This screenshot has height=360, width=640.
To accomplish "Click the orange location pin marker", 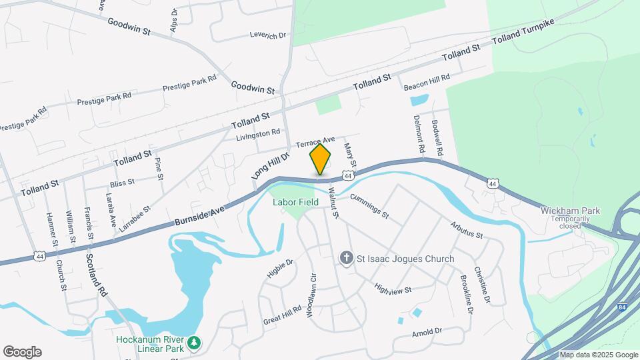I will (x=320, y=159).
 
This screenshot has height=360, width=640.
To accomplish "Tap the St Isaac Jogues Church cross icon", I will (x=346, y=258).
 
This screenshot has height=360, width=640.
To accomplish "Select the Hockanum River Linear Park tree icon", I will (x=194, y=343).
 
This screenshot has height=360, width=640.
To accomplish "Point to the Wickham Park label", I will (x=570, y=211).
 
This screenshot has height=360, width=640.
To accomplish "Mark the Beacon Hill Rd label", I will (x=427, y=82).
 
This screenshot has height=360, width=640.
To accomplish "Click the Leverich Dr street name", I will (x=267, y=35).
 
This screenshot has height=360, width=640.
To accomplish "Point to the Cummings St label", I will (x=369, y=205).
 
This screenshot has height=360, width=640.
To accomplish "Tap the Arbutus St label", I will (x=465, y=230).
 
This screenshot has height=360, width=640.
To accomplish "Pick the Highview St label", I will (x=393, y=288).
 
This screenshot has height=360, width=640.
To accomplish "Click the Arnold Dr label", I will (x=427, y=331).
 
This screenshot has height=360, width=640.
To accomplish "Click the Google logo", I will (x=22, y=352).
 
